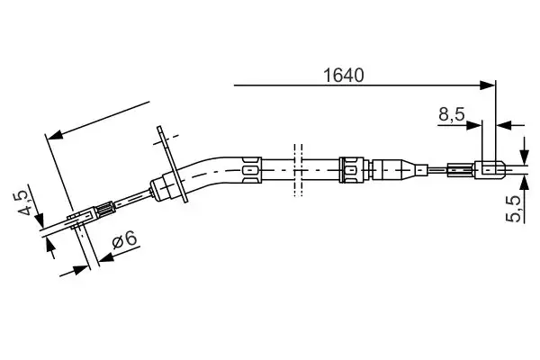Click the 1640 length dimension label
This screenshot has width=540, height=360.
(x=343, y=76)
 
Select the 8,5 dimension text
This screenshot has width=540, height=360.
(x=451, y=114)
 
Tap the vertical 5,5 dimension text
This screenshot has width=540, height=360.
(x=514, y=208)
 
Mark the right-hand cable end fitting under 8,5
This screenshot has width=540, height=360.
(x=489, y=167)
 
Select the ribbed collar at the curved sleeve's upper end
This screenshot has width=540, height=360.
(x=251, y=166)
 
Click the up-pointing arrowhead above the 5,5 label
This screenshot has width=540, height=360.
(x=525, y=184)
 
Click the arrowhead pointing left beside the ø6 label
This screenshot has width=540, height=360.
(x=104, y=258)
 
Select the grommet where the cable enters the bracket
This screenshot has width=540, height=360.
(x=165, y=188)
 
